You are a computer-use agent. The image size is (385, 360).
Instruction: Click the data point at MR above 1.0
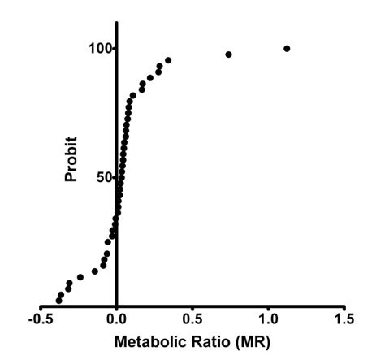click(287, 49)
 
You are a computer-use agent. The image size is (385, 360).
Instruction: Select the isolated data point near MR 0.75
click(228, 54)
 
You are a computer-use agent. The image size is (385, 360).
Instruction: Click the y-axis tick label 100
click(100, 49)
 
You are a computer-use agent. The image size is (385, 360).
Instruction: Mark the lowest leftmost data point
click(58, 301)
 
